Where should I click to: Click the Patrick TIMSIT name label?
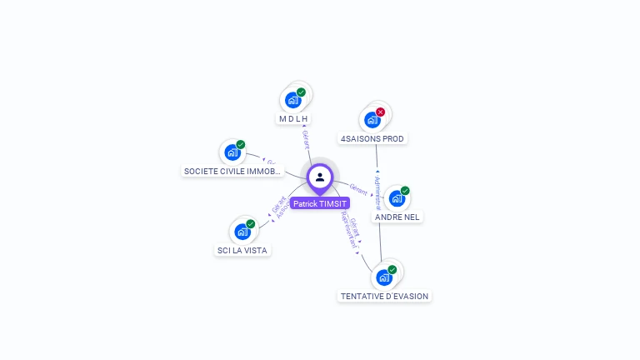click(320, 203)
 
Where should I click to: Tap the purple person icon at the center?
click(320, 177)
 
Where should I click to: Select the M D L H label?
click(294, 119)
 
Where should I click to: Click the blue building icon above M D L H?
click(292, 101)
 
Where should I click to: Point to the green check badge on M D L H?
click(301, 92)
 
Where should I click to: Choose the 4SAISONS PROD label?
click(374, 138)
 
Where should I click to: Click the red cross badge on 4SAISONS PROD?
click(381, 112)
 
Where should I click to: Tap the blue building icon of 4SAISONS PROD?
click(372, 120)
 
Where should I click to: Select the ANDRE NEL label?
click(398, 217)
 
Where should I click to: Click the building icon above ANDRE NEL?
click(397, 198)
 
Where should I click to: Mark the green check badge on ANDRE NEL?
click(405, 191)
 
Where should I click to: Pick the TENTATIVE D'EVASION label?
click(385, 296)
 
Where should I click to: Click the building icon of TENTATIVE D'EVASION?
click(384, 277)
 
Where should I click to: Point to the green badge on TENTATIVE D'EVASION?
click(392, 269)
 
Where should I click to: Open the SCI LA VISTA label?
click(244, 250)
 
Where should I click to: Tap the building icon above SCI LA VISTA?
click(242, 232)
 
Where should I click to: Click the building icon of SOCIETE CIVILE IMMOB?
click(232, 152)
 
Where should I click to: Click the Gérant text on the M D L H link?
click(306, 140)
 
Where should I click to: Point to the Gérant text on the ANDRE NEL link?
click(358, 187)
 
